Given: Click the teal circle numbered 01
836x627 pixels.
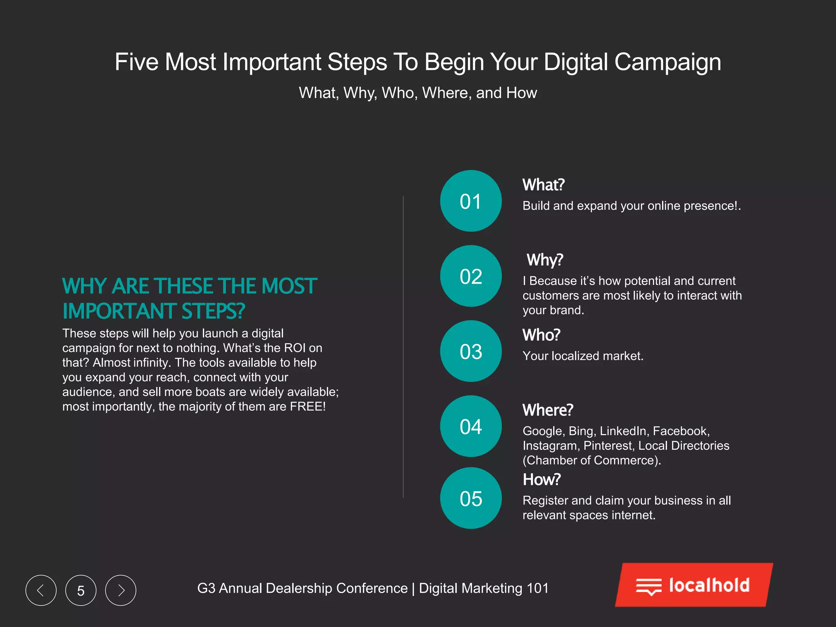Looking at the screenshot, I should pyautogui.click(x=471, y=201).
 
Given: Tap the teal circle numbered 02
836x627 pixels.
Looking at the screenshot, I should pyautogui.click(x=471, y=276).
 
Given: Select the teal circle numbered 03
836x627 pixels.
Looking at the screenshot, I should pyautogui.click(x=471, y=351).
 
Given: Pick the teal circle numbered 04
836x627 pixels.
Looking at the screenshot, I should pyautogui.click(x=471, y=426).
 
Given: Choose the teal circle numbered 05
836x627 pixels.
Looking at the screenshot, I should pyautogui.click(x=471, y=498).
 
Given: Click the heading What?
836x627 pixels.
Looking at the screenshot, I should pyautogui.click(x=543, y=185).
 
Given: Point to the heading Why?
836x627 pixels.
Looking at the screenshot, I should pyautogui.click(x=545, y=260).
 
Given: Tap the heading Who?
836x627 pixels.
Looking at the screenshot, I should pyautogui.click(x=541, y=335).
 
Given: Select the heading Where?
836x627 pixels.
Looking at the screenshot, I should pyautogui.click(x=548, y=410).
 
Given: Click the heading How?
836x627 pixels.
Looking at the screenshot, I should pyautogui.click(x=542, y=480).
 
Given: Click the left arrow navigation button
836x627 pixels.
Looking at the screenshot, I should pyautogui.click(x=41, y=590).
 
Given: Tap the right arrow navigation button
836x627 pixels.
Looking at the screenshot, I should pyautogui.click(x=121, y=590).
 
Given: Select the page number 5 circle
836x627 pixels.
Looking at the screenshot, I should pyautogui.click(x=81, y=590).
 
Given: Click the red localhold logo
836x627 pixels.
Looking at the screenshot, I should pyautogui.click(x=694, y=585).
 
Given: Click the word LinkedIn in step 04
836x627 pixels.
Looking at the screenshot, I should pyautogui.click(x=623, y=431).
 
